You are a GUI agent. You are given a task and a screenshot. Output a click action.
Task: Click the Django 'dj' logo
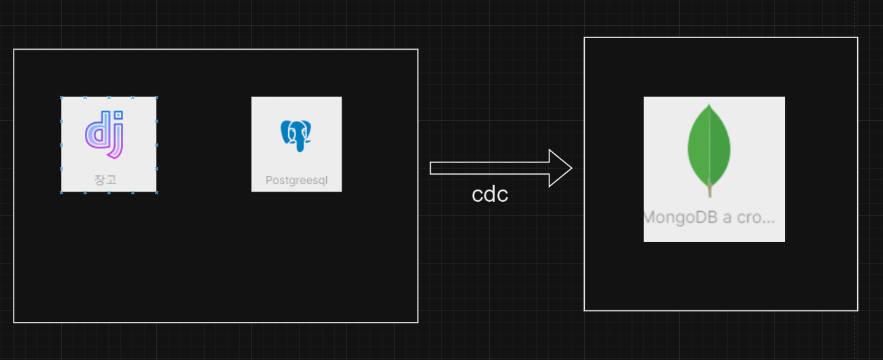105,134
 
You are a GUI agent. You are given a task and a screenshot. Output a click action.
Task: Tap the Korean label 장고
106,180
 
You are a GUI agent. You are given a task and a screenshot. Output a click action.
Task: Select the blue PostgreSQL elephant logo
296,136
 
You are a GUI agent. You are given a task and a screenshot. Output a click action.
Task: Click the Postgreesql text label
296,180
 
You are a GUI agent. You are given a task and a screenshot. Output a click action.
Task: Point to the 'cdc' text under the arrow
490,194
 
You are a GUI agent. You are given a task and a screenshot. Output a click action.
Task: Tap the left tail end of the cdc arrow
431,168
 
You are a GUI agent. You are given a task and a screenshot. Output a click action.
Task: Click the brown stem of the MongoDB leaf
710,189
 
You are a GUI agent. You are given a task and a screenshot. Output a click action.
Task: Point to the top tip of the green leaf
708,104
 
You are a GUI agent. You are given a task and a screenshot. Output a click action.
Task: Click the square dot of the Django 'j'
118,115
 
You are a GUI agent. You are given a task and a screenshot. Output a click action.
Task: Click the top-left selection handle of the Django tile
62,97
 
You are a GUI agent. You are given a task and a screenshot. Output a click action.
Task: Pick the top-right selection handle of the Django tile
156,97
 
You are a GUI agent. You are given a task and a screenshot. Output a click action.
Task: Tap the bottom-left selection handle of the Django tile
62,192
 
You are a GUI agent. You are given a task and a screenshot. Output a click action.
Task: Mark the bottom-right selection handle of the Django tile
156,192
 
